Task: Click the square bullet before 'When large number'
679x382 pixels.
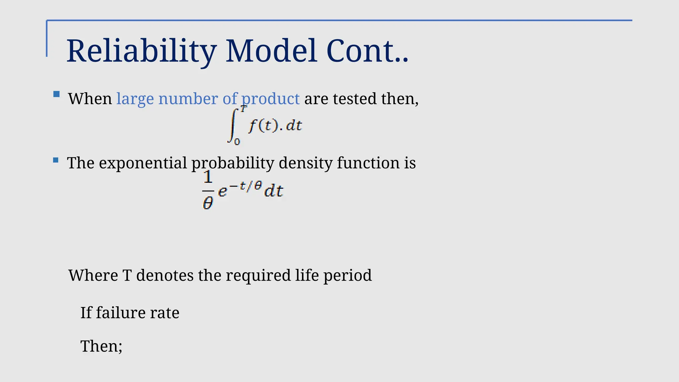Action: click(x=57, y=94)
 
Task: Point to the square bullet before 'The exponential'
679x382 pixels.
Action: click(x=56, y=160)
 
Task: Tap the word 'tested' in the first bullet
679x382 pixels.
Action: click(x=354, y=99)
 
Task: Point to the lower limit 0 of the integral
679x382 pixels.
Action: click(x=237, y=142)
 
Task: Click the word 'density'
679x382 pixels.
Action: click(x=306, y=163)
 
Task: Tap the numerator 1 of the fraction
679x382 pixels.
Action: click(x=208, y=177)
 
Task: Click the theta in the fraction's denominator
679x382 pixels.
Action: click(x=208, y=203)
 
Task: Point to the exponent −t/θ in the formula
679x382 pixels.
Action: click(x=246, y=186)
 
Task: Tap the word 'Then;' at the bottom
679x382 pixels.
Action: click(x=101, y=346)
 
